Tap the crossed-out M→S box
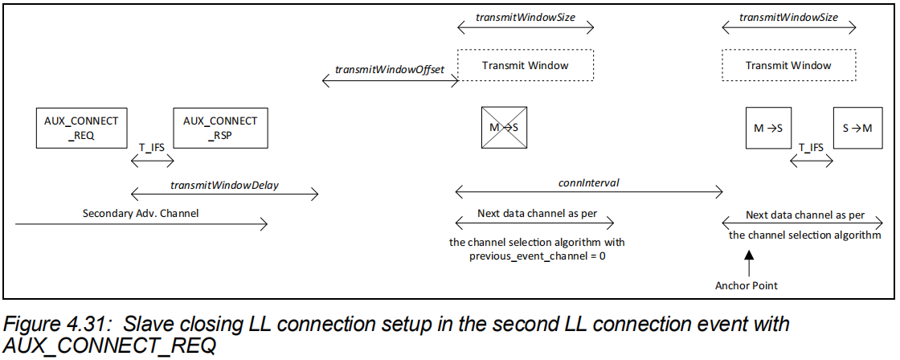click(504, 127)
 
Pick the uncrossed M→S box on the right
click(769, 127)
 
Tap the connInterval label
click(589, 182)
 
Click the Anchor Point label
click(746, 285)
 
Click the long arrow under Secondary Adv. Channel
click(141, 226)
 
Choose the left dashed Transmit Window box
click(525, 65)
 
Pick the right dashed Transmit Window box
click(788, 65)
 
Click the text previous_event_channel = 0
click(536, 256)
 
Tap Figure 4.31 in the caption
click(48, 325)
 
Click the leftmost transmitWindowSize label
click(525, 16)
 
